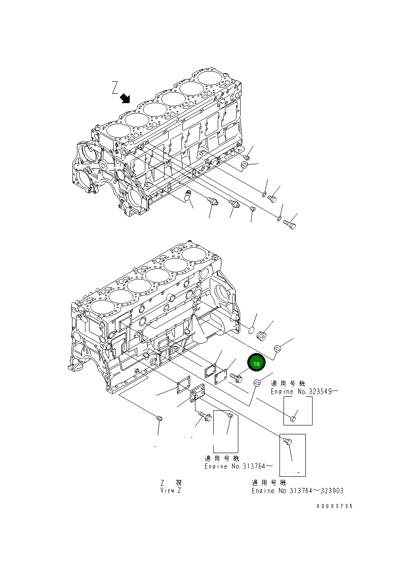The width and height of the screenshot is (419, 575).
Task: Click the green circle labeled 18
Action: click(257, 364)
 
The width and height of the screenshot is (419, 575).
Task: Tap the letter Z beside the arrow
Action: click(115, 87)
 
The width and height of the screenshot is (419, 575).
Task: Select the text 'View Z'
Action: click(171, 490)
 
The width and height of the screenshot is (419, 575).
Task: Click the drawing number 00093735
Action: click(334, 506)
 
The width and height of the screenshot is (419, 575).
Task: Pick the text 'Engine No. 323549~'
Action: click(304, 392)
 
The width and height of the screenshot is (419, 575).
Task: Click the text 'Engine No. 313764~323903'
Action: click(297, 491)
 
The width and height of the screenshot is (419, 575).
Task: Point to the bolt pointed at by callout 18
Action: click(237, 378)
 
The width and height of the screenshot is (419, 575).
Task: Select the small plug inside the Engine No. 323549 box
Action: click(292, 418)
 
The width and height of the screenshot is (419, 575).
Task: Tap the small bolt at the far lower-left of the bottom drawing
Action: click(159, 419)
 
